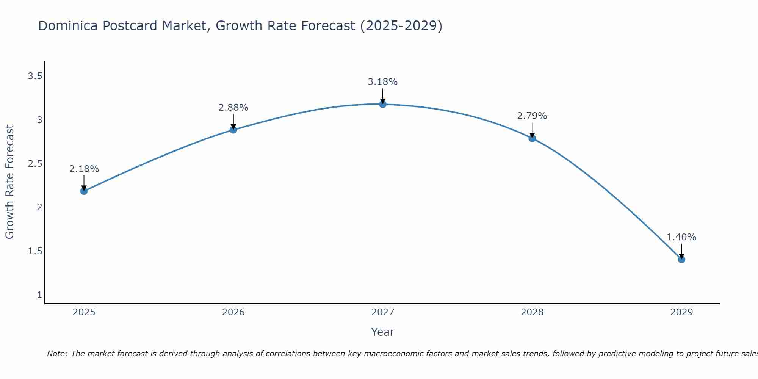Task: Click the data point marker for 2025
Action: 84,191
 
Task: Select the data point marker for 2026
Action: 233,130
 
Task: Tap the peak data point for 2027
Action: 383,104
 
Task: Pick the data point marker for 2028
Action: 532,138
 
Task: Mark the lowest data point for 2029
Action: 681,260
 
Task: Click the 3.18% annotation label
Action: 383,82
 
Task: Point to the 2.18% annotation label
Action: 84,169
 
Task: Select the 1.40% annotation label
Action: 681,237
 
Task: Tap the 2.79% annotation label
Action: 532,116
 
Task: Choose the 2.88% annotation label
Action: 233,108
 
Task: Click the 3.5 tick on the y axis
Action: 35,77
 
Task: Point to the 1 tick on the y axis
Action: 39,295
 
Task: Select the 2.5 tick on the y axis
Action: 35,164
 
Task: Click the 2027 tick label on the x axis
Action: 383,312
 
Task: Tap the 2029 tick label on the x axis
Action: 681,312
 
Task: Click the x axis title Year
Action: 383,332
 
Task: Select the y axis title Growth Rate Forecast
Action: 9,182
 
